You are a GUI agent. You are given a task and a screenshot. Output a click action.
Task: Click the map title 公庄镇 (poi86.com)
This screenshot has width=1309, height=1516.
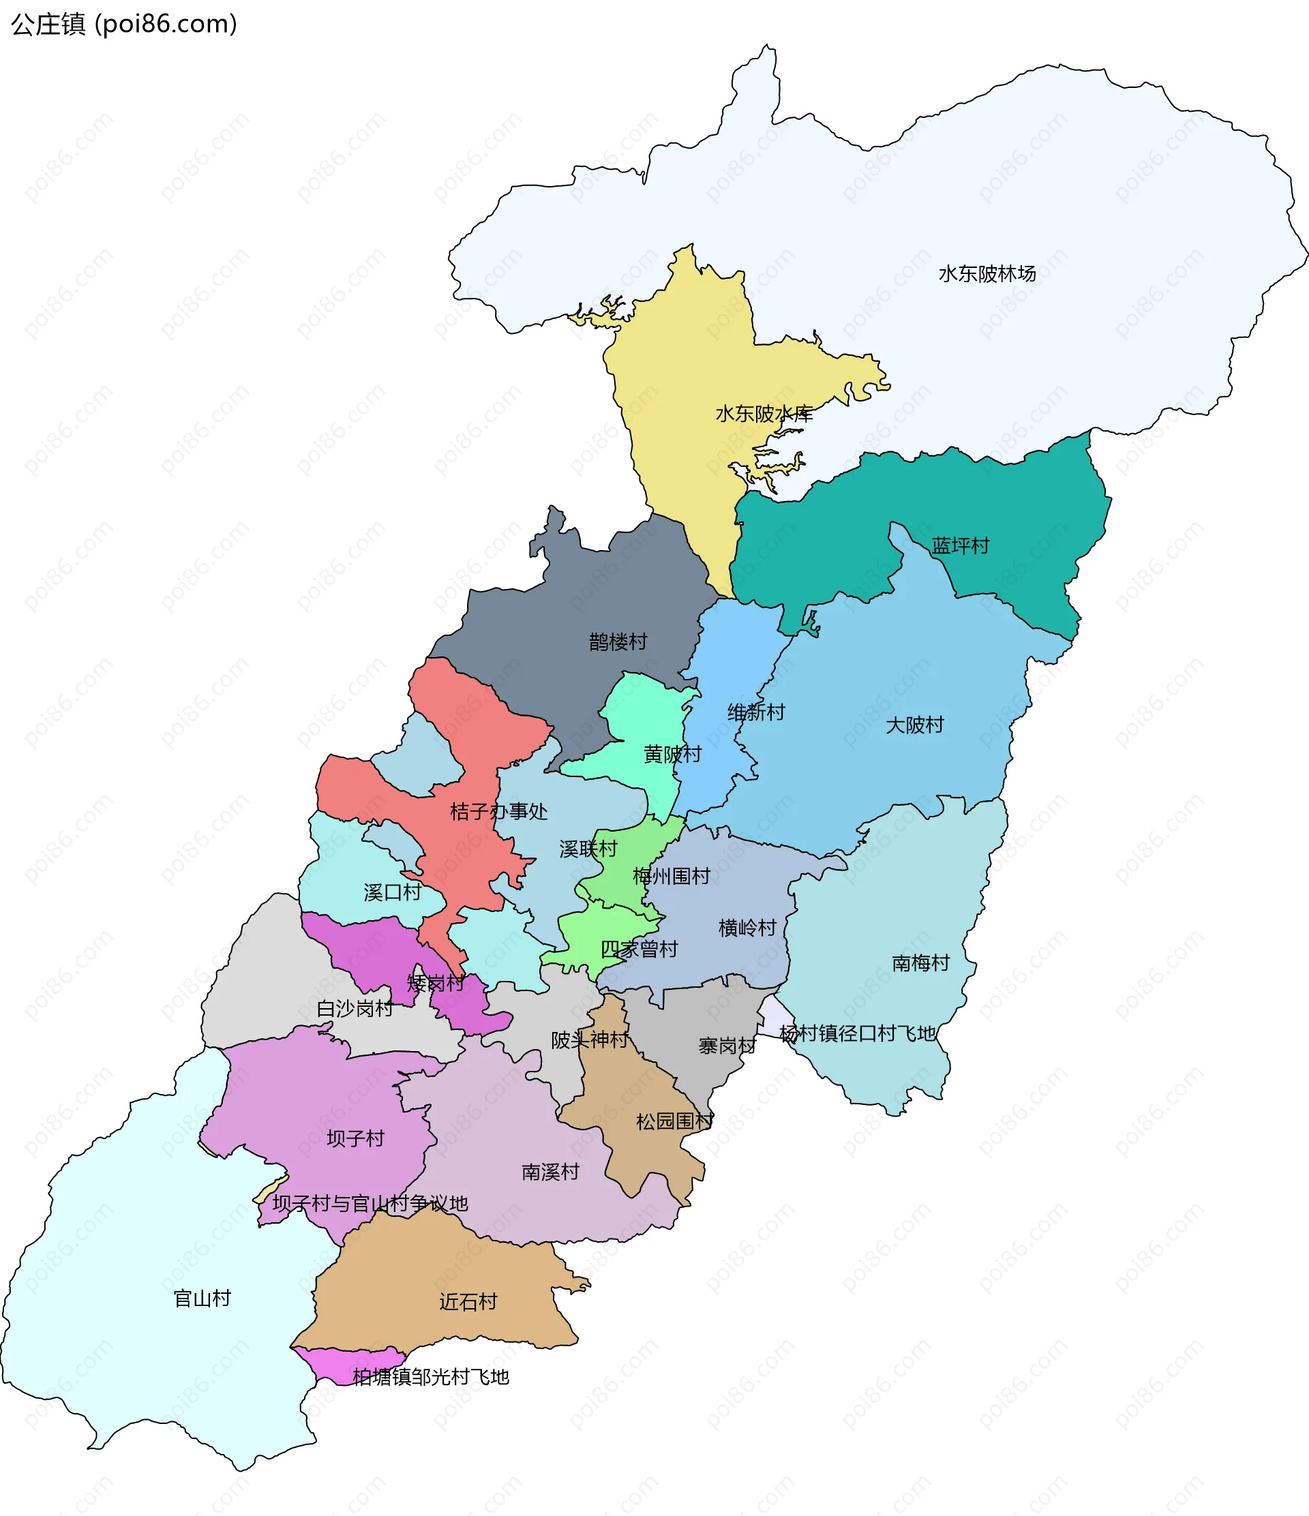click(123, 24)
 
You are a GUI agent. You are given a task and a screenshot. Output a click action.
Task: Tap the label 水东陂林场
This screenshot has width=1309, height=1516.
click(987, 273)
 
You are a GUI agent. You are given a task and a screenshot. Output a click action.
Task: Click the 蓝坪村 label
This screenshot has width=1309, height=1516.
click(960, 546)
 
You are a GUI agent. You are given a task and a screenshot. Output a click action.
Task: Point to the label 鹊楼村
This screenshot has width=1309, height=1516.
click(618, 642)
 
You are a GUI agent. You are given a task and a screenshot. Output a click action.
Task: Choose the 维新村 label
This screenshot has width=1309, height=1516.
click(756, 712)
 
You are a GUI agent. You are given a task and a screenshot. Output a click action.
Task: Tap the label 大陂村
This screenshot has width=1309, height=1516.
click(915, 725)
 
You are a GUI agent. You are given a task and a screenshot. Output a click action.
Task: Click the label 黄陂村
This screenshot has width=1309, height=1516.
click(672, 755)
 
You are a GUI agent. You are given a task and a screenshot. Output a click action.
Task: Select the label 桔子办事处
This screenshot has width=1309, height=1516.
click(498, 811)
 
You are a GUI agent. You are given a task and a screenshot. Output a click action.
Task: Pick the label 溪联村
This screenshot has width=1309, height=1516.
click(588, 849)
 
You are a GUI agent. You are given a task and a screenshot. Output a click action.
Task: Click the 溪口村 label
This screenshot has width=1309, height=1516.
click(392, 892)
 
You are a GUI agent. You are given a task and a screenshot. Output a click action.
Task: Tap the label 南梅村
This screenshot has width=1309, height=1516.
click(920, 963)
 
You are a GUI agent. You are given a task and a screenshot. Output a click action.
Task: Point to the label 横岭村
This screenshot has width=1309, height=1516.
click(747, 928)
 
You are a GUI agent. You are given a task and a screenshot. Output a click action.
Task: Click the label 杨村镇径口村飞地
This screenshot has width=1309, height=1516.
click(858, 1034)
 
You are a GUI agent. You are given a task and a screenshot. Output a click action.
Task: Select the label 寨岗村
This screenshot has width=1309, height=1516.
click(727, 1046)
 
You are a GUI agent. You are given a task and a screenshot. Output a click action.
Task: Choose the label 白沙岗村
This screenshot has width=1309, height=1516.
click(355, 1009)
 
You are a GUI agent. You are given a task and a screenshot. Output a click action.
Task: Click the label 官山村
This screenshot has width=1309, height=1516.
click(202, 1299)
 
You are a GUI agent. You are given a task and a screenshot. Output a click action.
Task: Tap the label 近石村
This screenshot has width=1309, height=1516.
click(468, 1302)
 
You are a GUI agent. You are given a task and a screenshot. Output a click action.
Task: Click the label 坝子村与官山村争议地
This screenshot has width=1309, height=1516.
click(370, 1204)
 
